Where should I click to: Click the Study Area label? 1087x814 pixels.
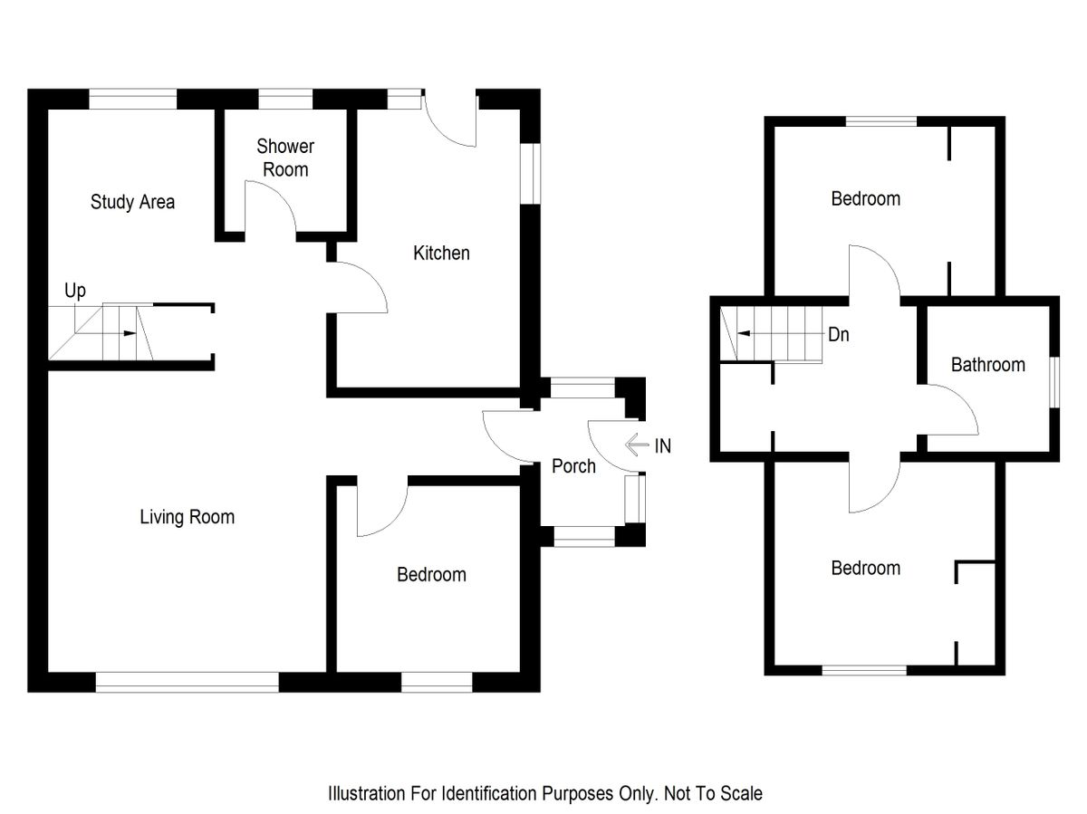tap(132, 202)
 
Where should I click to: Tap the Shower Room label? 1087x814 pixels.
tap(284, 158)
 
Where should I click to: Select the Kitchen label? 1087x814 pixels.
tap(441, 254)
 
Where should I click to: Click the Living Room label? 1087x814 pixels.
tap(187, 517)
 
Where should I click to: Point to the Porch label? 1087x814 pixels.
tap(573, 466)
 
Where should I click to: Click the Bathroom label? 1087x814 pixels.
tap(987, 365)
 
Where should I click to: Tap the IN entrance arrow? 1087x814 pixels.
tap(637, 445)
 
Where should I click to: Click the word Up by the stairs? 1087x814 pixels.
tap(75, 292)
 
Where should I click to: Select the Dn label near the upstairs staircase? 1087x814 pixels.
tap(838, 334)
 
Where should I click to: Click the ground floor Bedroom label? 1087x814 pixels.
tap(431, 575)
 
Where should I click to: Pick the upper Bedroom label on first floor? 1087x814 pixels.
tap(865, 199)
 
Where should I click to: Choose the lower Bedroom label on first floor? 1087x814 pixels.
tap(865, 569)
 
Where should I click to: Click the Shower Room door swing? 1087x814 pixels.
tap(272, 208)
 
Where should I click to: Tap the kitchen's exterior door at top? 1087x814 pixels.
tap(450, 122)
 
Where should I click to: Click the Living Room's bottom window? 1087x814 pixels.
tap(187, 683)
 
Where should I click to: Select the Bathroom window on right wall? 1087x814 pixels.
tap(1054, 382)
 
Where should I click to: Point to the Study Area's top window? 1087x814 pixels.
tap(132, 99)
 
